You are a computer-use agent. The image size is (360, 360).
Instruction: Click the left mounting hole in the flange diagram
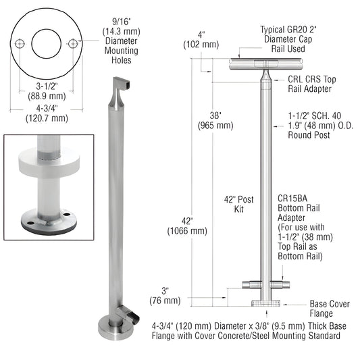point(21,44)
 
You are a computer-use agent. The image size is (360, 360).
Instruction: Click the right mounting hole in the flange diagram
point(73,44)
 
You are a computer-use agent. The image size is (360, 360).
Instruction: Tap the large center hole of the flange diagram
point(47,44)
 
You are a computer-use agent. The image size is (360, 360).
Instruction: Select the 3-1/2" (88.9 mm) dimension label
point(47,92)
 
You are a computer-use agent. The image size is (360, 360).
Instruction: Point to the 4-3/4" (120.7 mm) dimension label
point(47,113)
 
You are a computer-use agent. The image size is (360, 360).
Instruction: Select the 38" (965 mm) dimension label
point(215,120)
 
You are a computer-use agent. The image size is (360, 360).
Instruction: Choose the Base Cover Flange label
point(330,309)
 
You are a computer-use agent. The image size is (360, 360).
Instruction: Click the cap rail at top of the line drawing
point(261,64)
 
